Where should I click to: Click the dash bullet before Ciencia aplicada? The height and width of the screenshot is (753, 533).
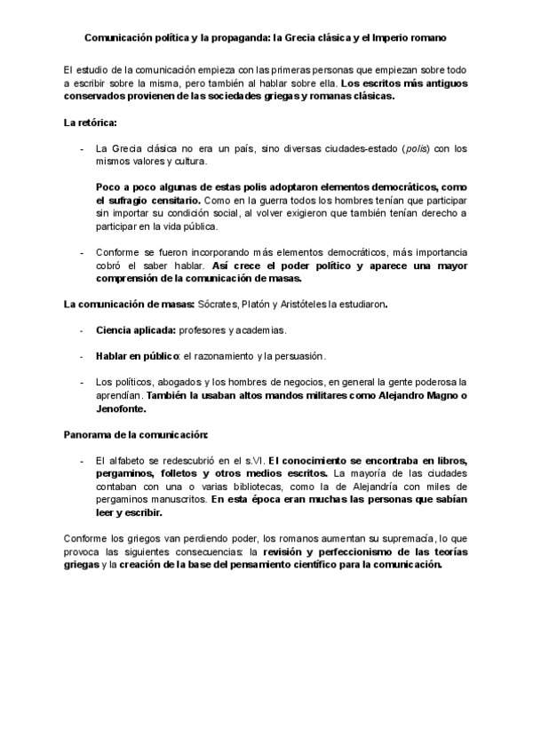[x=82, y=329]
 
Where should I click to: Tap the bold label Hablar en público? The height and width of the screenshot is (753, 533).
[x=138, y=356]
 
